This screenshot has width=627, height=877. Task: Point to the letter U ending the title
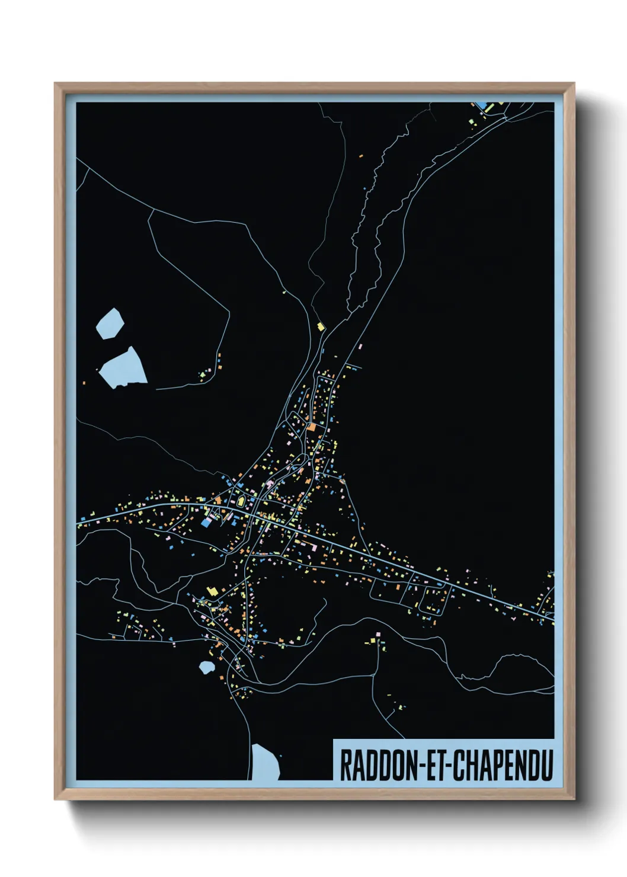tap(546, 765)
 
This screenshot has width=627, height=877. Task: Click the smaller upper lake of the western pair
tap(110, 324)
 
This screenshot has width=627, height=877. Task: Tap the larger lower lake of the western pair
tap(123, 367)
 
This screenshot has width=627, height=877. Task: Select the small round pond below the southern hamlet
tap(206, 667)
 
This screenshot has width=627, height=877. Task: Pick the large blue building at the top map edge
tap(482, 105)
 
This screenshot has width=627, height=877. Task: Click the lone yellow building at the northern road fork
tap(321, 327)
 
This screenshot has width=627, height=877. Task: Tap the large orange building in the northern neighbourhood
tap(312, 426)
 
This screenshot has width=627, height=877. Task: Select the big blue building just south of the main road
tap(206, 522)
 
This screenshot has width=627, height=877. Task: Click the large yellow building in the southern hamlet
tap(212, 590)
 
